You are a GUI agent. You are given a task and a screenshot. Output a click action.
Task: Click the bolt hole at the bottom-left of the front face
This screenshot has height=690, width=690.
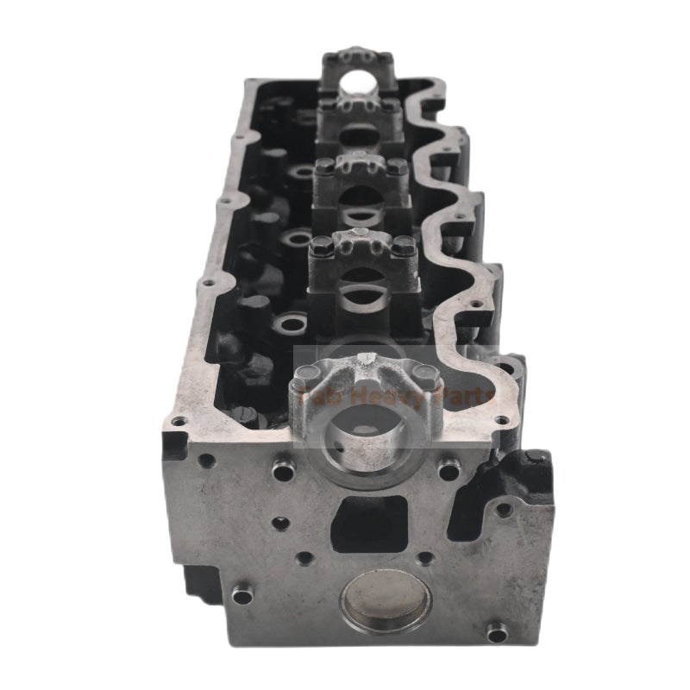coord(243,594)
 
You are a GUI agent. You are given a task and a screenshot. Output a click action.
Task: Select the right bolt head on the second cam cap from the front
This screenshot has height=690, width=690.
coord(405,247)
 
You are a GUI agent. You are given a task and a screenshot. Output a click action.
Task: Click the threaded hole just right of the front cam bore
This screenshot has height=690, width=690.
coord(448,470)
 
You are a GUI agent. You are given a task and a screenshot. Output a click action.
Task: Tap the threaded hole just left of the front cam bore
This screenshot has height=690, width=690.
coord(282,470)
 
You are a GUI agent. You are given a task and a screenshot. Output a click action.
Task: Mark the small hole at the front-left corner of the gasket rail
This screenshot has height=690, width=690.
coord(178,421)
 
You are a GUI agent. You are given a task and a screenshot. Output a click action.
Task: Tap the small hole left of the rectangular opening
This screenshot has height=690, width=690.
coord(280,523)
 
